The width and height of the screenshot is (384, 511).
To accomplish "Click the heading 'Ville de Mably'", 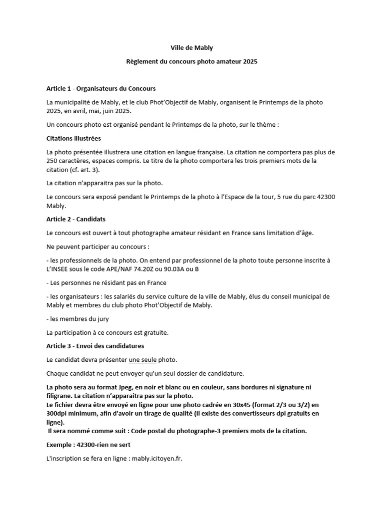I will point(192,48).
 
